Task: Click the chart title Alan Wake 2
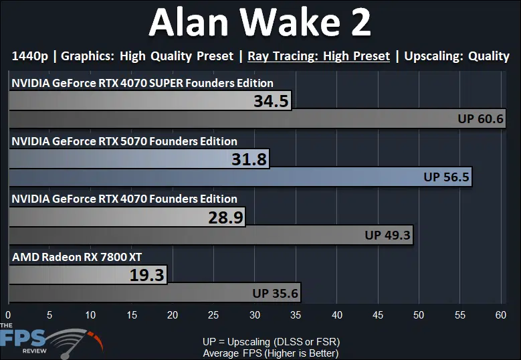point(260,22)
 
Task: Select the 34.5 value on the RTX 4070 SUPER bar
point(271,101)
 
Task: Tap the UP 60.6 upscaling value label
point(480,118)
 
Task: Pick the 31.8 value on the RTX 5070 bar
point(249,159)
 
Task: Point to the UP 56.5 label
point(446,177)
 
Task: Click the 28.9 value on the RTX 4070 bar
point(226,217)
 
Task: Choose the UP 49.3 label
point(387,235)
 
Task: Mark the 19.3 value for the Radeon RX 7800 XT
point(147,275)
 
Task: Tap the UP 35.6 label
point(275,293)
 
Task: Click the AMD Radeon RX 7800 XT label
point(77,257)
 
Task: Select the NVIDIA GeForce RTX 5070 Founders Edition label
point(124,141)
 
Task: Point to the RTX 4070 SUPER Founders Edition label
point(142,83)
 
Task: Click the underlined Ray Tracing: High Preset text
point(318,56)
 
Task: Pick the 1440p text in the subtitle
point(30,56)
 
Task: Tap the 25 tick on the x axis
point(213,314)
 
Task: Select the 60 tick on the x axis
point(501,314)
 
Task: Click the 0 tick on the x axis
point(8,314)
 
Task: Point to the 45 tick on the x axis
point(378,314)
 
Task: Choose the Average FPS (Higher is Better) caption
point(271,353)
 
